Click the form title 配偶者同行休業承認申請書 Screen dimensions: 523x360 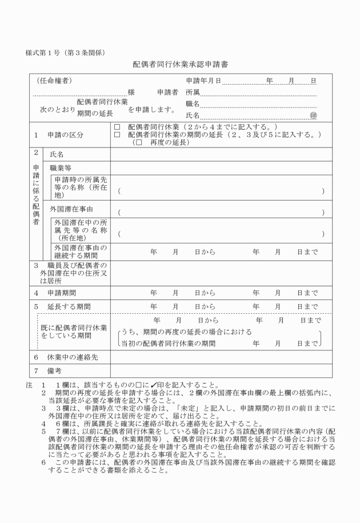[180, 65]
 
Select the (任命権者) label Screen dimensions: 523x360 [54, 80]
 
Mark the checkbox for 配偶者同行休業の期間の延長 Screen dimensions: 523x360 [117, 134]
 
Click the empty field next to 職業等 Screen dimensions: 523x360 [221, 168]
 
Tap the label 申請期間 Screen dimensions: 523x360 [62, 293]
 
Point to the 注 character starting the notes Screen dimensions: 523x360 [29, 385]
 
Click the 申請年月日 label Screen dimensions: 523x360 [203, 80]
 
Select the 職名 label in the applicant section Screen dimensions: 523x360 [193, 103]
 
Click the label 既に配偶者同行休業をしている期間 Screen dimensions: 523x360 [74, 332]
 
